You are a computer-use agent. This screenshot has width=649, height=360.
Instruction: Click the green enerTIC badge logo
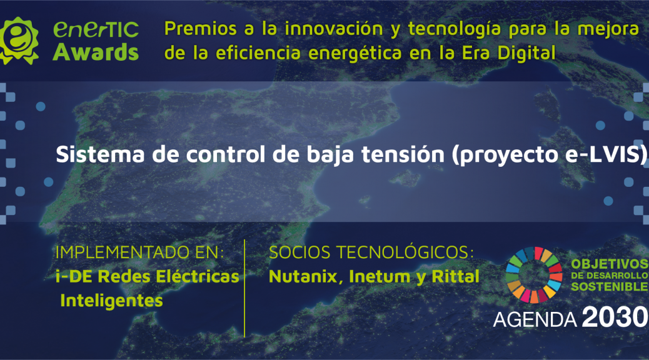(19, 41)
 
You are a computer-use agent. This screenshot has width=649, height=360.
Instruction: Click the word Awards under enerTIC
(96, 52)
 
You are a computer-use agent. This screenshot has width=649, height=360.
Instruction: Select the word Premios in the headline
(200, 29)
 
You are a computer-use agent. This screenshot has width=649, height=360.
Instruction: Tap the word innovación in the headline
(334, 29)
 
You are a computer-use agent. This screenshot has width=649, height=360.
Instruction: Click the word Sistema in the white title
(100, 154)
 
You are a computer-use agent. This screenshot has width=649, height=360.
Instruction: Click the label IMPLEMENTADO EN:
(139, 252)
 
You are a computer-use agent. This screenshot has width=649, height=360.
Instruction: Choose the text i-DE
(74, 276)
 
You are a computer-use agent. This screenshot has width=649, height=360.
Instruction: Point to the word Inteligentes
(111, 301)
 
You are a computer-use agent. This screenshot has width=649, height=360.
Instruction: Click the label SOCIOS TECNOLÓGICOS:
(371, 252)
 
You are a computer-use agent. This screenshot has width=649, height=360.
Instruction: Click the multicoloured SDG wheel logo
(534, 275)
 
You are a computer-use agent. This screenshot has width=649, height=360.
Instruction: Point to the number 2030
(615, 317)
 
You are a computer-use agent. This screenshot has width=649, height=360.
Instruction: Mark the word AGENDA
(535, 319)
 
